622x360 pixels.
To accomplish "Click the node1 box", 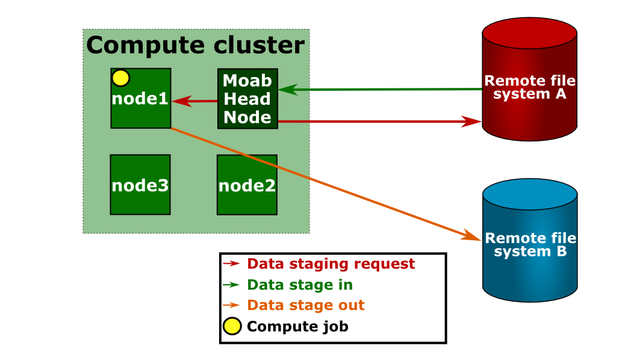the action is point(141,98).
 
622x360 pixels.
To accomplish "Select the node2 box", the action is point(247,185).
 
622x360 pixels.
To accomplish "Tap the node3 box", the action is point(140,185).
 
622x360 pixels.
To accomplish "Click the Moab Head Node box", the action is point(247,99).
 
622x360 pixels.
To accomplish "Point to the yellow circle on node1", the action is point(120,78).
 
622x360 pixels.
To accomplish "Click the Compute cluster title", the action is point(196,45).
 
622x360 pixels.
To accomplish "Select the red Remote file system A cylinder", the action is point(529,79).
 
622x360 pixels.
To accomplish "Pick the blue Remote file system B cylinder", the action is point(530,240).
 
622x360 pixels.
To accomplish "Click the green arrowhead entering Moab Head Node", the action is point(288,90).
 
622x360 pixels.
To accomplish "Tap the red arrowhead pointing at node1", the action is point(182,101).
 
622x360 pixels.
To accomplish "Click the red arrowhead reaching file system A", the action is point(471,122).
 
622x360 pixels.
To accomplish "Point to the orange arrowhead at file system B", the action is point(471,235).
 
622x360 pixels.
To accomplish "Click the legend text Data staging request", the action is point(331,264).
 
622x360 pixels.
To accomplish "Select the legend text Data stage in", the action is point(299,285).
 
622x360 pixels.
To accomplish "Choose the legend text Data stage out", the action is point(305,305).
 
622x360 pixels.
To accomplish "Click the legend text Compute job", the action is point(297,326).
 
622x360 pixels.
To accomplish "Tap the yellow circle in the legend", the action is point(232,326).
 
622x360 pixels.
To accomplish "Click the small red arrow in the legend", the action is point(231,263).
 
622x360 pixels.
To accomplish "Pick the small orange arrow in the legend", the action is point(231,305).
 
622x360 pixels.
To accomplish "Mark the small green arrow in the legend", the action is point(231,284).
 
